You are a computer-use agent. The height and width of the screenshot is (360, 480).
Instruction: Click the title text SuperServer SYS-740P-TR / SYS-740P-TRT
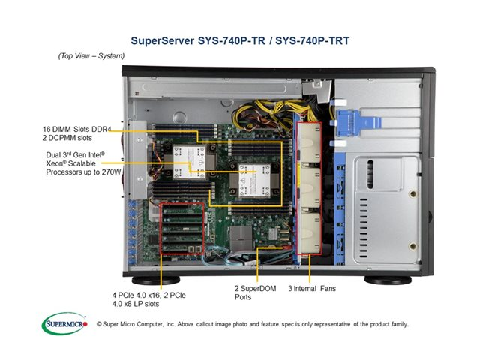240,38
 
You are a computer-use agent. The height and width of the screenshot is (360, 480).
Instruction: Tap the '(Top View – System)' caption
92,56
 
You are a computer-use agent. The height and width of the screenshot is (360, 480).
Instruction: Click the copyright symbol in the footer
99,324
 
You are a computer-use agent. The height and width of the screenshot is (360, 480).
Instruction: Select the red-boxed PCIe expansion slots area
180,232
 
